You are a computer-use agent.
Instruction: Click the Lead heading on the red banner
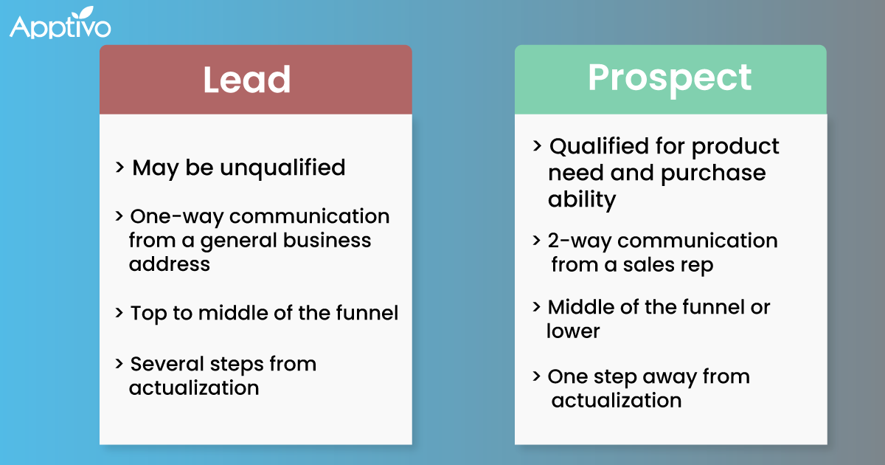pos(246,80)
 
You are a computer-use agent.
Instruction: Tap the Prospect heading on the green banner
pos(670,77)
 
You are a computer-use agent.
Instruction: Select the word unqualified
pos(282,168)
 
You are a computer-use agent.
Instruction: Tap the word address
pos(170,263)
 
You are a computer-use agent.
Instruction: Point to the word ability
pos(582,200)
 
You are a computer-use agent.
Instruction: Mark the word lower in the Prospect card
pos(573,331)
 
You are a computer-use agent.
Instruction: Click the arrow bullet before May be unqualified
pos(119,168)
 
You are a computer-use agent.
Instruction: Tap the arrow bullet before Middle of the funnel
pos(536,306)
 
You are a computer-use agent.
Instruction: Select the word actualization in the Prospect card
pos(616,401)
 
